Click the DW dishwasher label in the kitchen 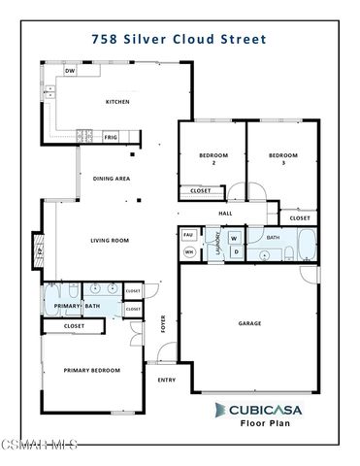(70, 72)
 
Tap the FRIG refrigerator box (111, 138)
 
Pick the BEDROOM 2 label (213, 159)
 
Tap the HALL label (224, 213)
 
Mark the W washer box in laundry (235, 237)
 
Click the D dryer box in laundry (235, 252)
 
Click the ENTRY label (166, 380)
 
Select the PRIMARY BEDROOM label (91, 370)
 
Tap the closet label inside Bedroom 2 (201, 190)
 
